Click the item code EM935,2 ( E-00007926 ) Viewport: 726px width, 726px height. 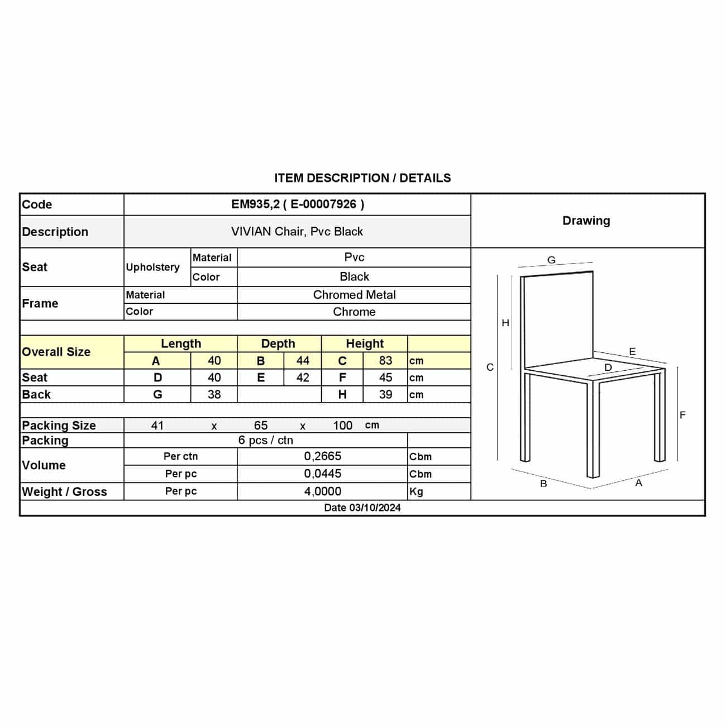pos(298,204)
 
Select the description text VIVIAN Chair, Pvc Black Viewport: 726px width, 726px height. pos(297,232)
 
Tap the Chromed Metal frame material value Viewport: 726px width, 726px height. pos(354,295)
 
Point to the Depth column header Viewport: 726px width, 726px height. pos(278,343)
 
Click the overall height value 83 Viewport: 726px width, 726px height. pos(385,361)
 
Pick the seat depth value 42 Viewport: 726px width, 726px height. pos(303,378)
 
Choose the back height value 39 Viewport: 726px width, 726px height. pos(385,394)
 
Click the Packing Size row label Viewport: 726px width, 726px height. pos(59,426)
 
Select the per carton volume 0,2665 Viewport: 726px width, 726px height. pos(323,456)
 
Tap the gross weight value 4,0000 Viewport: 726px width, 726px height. pos(323,491)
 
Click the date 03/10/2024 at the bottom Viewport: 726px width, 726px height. pos(362,508)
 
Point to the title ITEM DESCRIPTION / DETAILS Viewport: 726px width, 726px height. pos(362,178)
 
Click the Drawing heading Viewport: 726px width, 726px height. pos(586,221)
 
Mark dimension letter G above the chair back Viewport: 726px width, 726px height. pos(551,260)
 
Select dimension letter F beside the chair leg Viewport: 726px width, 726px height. pos(682,415)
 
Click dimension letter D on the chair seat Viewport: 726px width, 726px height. pos(608,367)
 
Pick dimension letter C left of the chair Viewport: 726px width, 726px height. pos(490,367)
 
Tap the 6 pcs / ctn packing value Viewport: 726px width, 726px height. pos(266,440)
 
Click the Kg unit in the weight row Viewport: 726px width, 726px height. pos(416,492)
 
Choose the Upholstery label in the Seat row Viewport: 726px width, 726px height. pos(152,267)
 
